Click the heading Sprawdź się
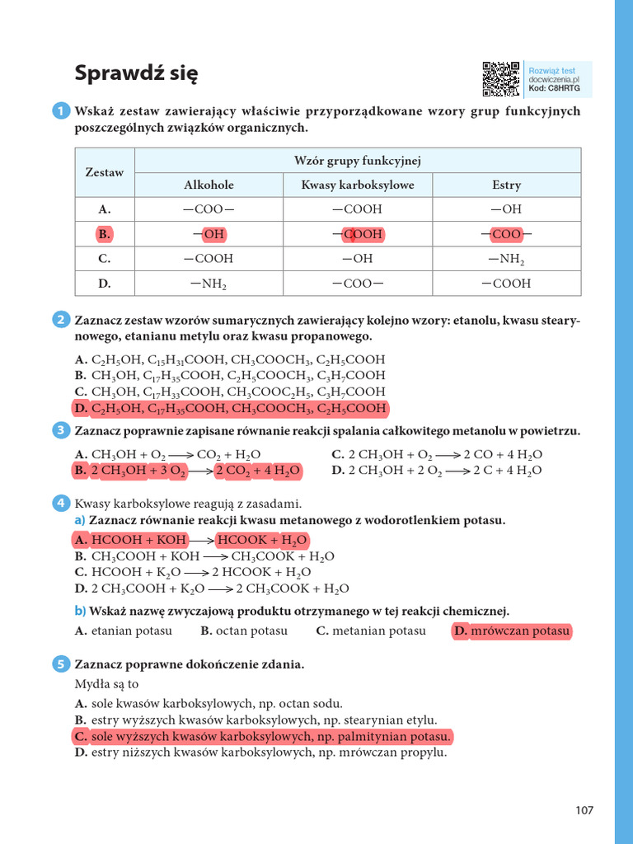coord(136,73)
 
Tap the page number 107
coord(584,810)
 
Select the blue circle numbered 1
coord(61,111)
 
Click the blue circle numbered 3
coord(61,430)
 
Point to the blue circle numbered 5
coord(61,663)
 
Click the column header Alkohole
coord(209,185)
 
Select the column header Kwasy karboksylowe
coord(358,185)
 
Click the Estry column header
coord(506,185)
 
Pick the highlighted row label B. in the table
coord(104,234)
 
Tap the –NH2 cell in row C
coord(506,259)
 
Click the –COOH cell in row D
coord(506,284)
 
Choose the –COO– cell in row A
coord(209,209)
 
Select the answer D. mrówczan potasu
coord(511,631)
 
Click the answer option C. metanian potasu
coord(371,631)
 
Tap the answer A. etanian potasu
coord(124,631)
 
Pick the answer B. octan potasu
coord(244,631)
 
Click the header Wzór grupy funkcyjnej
coord(358,160)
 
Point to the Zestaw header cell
coord(105,172)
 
